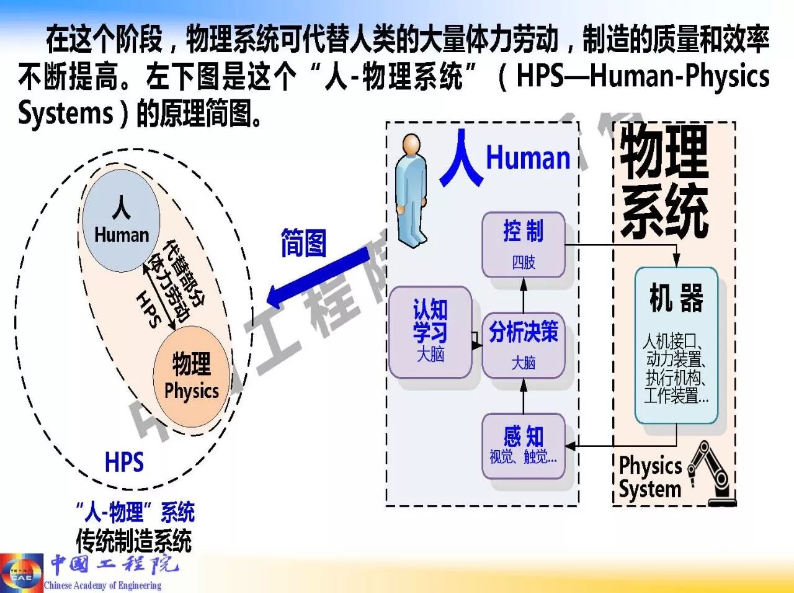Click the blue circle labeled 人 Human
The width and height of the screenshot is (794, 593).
coord(122,220)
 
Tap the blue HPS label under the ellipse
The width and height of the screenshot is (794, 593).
coord(124,463)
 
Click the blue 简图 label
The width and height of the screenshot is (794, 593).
coord(303,243)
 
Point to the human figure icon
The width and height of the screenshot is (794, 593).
coord(410,189)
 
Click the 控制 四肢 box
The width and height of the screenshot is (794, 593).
coord(524,245)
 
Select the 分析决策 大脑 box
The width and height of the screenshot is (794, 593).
coord(524,345)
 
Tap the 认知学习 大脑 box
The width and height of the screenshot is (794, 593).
coord(430,332)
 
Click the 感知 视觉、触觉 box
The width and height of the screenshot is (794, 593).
coord(524,446)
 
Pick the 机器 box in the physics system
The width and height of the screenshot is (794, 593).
coord(676,345)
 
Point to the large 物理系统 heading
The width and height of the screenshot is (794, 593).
coord(664,181)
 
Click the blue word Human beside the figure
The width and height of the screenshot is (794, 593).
coord(528,158)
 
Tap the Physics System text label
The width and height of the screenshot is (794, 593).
coord(650,477)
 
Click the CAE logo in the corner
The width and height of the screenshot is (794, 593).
coord(21,573)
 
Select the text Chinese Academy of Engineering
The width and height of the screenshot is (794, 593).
coord(103,585)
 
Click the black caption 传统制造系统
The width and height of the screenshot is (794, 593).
coord(134,540)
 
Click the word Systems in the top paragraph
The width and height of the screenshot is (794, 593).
coord(66,113)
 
